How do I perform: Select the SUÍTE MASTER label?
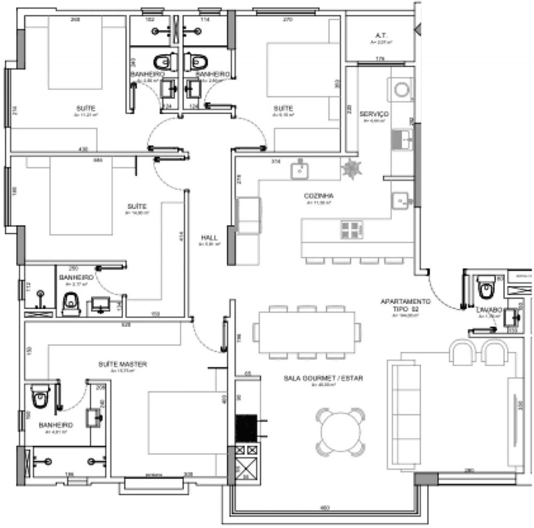[122, 364]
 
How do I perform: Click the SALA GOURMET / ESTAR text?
[324, 378]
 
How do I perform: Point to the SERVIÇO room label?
[374, 114]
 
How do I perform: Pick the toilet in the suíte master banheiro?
[38, 396]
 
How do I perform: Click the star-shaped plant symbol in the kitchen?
[351, 169]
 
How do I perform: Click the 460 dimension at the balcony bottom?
[324, 507]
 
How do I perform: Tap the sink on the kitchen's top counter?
[301, 170]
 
